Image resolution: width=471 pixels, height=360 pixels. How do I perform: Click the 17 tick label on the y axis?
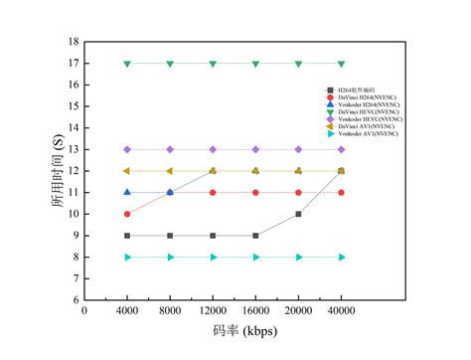[75, 64]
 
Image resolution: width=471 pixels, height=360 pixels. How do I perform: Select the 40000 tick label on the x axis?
[341, 310]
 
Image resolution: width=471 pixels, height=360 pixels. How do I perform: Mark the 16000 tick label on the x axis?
[255, 310]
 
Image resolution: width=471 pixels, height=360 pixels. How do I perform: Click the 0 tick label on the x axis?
[84, 310]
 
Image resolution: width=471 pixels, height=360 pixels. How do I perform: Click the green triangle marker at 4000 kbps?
[127, 64]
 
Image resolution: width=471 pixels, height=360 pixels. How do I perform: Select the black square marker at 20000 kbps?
[298, 214]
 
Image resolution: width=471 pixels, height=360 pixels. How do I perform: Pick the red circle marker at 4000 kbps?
[127, 214]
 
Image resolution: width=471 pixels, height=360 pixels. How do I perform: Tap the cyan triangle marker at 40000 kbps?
[341, 257]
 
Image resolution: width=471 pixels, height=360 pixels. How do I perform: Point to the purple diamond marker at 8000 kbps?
[170, 149]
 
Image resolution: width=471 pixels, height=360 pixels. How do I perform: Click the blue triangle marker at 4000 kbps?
[127, 192]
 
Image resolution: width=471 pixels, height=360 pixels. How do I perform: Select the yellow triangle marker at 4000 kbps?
[127, 171]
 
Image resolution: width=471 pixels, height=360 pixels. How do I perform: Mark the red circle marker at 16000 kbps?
[255, 192]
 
